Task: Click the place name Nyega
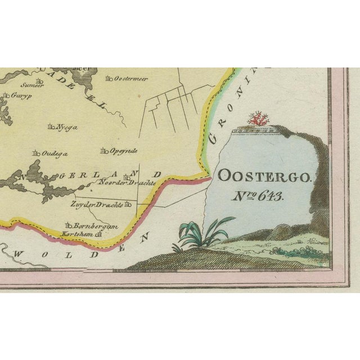pyautogui.click(x=67, y=127)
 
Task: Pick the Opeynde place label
pyautogui.click(x=122, y=151)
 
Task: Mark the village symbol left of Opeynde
pyautogui.click(x=102, y=151)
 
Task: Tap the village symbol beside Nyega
pyautogui.click(x=52, y=127)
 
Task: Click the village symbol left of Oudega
pyautogui.click(x=35, y=152)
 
